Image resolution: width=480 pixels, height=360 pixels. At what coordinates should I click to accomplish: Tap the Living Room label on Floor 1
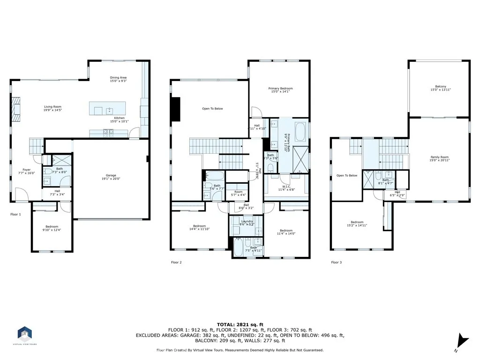pyautogui.click(x=52, y=107)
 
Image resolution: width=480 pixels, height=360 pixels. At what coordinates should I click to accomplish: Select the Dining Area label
pyautogui.click(x=118, y=78)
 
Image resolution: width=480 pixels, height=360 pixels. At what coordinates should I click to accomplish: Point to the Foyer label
pyautogui.click(x=27, y=170)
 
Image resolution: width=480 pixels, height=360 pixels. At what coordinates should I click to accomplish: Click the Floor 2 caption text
pyautogui.click(x=176, y=262)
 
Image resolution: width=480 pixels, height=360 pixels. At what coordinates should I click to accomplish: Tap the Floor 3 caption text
pyautogui.click(x=336, y=262)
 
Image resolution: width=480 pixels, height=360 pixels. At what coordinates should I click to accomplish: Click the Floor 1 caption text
pyautogui.click(x=16, y=214)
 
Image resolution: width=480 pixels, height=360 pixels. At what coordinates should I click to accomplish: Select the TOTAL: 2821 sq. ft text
pyautogui.click(x=240, y=324)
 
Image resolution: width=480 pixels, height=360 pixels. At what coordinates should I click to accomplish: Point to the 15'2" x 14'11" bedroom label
pyautogui.click(x=357, y=224)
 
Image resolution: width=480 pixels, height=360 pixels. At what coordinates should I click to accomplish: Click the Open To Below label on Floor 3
pyautogui.click(x=347, y=176)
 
